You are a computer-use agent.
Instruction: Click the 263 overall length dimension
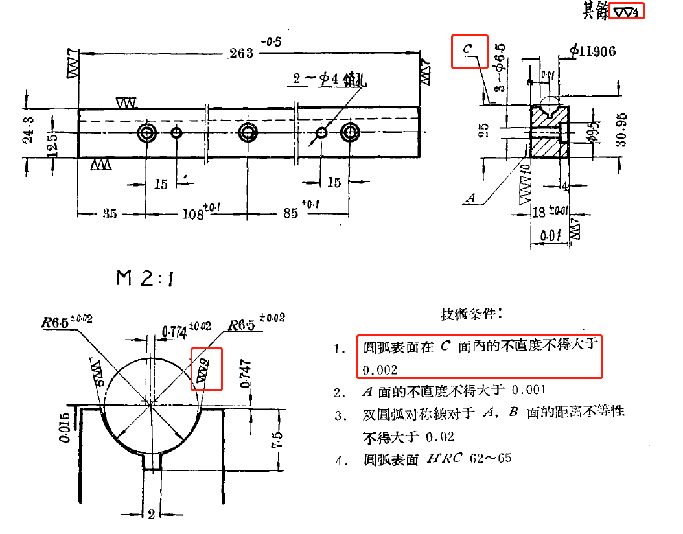tap(241, 53)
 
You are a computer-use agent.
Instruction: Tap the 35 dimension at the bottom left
tap(110, 213)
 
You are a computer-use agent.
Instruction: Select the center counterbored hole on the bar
tap(248, 133)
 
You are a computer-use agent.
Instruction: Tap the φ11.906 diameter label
tap(592, 51)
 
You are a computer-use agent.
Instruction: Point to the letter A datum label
tap(471, 198)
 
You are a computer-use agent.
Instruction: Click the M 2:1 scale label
tap(144, 278)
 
